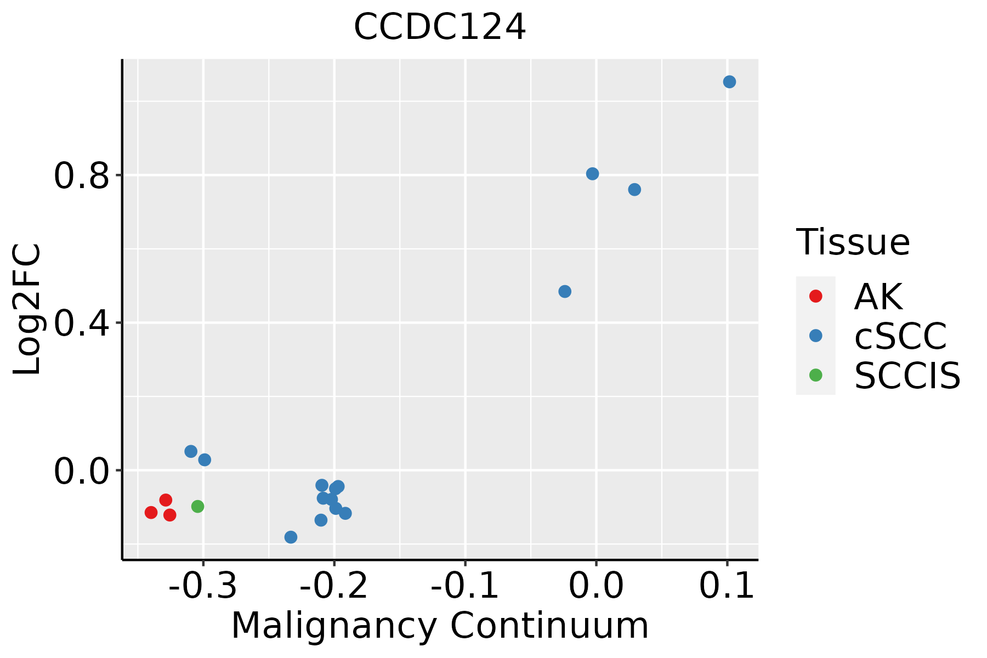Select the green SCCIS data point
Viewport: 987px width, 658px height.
coord(198,506)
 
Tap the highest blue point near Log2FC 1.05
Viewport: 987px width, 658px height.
coord(729,82)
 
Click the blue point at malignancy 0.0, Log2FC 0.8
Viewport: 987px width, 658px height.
coord(592,174)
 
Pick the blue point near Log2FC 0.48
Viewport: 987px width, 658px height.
coord(565,291)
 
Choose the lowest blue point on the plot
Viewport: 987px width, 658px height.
coord(291,537)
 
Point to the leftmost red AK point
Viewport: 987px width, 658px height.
coord(151,512)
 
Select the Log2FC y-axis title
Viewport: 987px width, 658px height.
coord(27,309)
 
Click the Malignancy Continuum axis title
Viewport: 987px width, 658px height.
coord(440,626)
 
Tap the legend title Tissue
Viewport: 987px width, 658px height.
coord(853,242)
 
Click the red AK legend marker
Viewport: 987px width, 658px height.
coord(815,296)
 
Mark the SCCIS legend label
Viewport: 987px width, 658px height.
coord(907,376)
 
